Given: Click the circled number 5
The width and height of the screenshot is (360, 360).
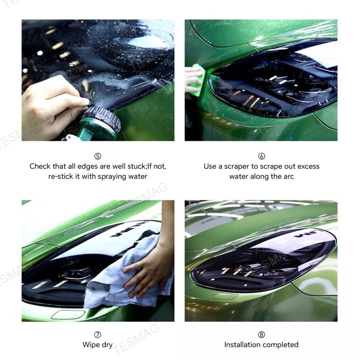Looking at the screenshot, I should point(98,156).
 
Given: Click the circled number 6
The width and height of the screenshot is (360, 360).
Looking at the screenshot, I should point(261,156).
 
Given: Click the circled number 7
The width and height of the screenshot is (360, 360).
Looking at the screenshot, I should point(98,335).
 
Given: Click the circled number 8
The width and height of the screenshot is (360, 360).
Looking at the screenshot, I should point(261,335).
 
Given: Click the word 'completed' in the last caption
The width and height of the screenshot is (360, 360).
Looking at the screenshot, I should point(282,345).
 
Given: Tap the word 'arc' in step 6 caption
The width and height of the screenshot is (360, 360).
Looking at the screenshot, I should point(288,176).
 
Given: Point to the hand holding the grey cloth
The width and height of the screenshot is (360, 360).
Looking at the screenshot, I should point(148,270).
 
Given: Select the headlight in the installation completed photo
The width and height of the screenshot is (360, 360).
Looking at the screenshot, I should point(263,261).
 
